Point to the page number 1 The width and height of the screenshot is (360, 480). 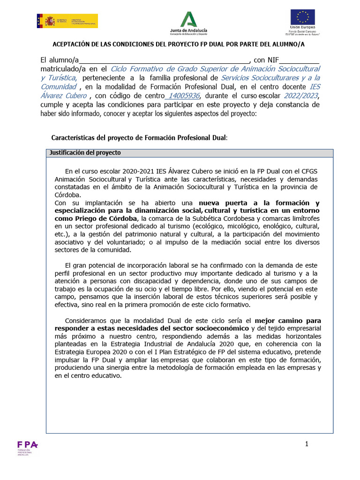(x=306, y=443)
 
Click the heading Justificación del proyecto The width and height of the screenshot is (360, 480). (x=85, y=153)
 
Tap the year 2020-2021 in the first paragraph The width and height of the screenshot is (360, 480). (x=136, y=171)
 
